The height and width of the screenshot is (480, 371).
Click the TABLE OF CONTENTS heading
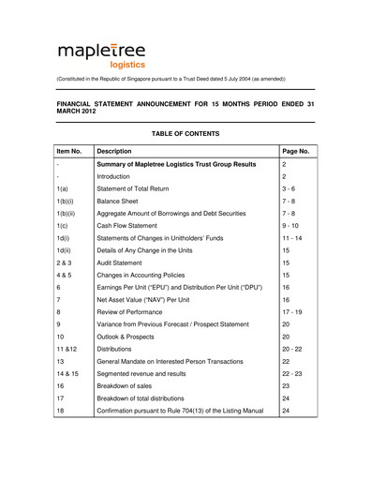[x=185, y=134]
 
